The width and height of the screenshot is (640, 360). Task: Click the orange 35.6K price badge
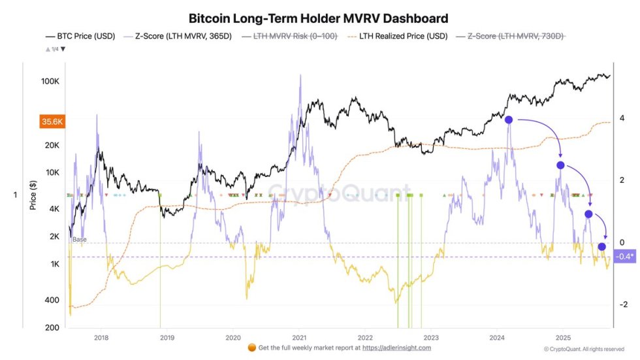coord(52,121)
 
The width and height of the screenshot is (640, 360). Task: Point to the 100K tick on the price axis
coord(50,82)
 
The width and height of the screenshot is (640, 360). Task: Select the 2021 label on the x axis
coord(300,338)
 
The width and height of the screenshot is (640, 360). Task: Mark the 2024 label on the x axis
coord(497,338)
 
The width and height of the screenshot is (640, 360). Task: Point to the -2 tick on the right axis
coord(624,304)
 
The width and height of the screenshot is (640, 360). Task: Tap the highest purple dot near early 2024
coord(509,120)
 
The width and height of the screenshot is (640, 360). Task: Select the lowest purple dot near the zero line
coord(601,246)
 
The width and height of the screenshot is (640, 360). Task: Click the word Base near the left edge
coord(79,240)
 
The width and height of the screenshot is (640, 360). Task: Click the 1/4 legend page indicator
coord(55,49)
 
